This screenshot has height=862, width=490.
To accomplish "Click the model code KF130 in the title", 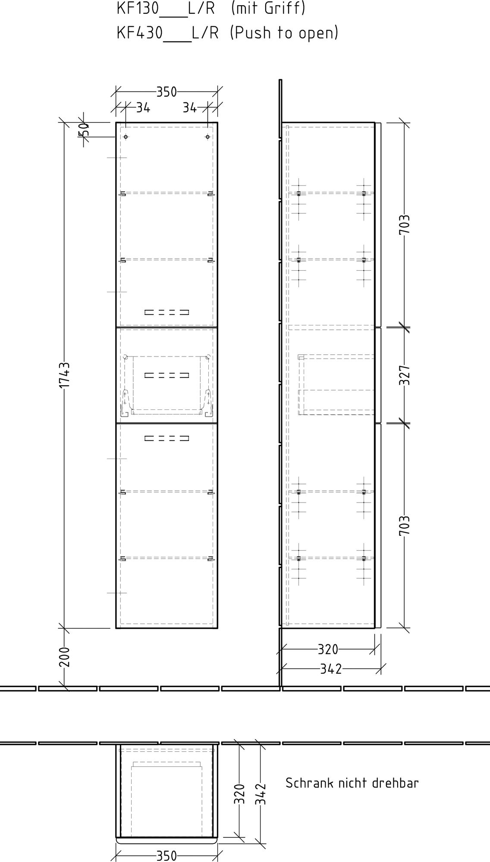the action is point(138,8).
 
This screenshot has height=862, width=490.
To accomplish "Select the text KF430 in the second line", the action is point(140,32).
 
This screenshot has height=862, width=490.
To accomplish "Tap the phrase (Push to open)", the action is point(284,32).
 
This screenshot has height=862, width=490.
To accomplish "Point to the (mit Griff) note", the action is point(268,8).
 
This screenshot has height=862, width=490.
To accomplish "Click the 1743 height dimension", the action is point(64,375).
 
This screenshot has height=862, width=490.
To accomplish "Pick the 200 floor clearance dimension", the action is point(64,657).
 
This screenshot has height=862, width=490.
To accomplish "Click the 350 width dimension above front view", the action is point(166,92).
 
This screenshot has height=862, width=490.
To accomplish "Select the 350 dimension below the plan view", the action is point(166,856).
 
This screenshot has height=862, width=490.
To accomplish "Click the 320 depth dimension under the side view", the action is point(328,649).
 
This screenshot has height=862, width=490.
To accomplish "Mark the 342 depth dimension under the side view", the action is point(331,669).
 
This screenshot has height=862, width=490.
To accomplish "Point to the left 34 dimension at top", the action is point(143,108).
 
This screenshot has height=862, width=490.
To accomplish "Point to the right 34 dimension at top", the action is point(189,108).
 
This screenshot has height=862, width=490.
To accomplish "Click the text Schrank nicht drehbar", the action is point(352,783).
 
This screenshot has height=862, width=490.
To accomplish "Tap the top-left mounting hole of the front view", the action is point(126,137).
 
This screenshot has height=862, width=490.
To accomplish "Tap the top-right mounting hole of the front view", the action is point(207,137).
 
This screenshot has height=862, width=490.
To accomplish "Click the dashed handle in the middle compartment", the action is point(167,375).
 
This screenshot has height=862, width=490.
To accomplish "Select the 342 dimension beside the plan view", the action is point(261,794).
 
